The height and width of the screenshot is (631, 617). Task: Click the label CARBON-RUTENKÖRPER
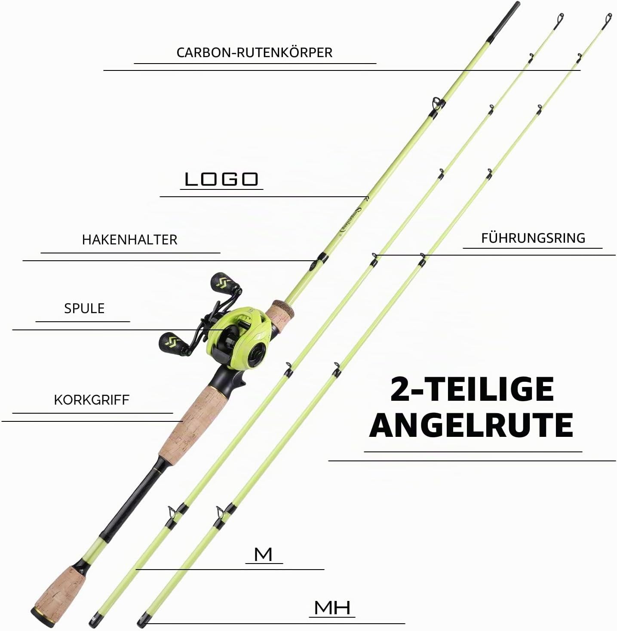[x=255, y=52]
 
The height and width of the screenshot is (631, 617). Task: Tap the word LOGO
[x=222, y=179]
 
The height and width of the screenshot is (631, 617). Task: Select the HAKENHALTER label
[x=129, y=240]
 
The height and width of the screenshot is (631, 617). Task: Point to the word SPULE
[x=84, y=308]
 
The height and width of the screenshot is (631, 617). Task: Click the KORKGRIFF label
[x=92, y=400]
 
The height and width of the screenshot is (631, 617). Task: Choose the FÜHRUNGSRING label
[x=533, y=238]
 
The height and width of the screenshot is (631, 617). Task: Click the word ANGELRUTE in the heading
[x=471, y=425]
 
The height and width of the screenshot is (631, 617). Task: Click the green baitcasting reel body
[x=240, y=337]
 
